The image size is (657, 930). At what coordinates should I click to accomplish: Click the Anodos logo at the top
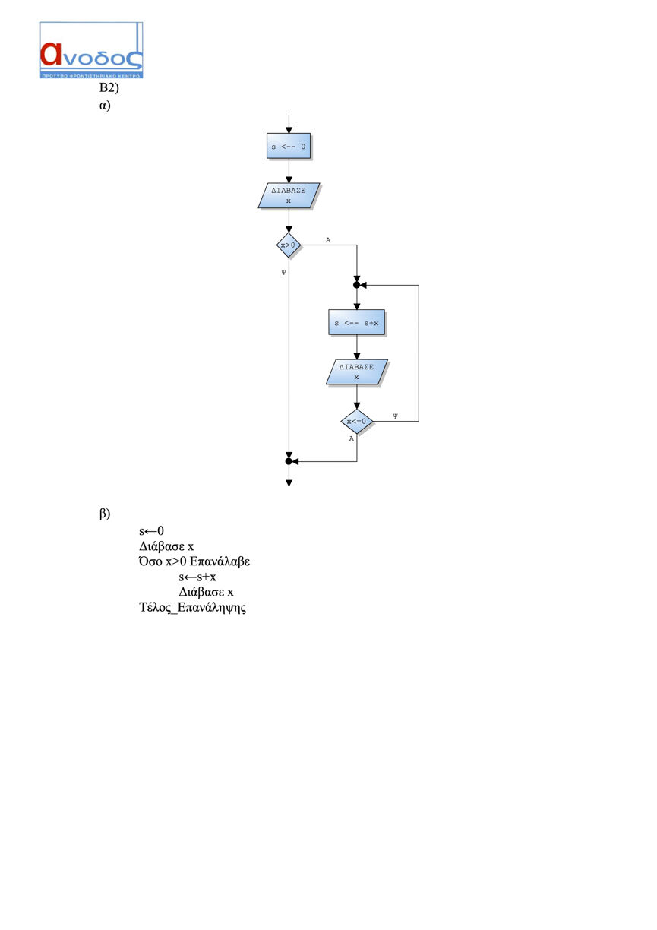coord(91,50)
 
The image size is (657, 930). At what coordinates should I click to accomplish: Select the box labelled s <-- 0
coord(289,146)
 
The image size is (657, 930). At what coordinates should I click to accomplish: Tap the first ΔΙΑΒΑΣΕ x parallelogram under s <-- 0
coord(289,195)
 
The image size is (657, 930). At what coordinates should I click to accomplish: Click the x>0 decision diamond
coord(289,245)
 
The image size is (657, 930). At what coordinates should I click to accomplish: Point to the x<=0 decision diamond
coord(356,422)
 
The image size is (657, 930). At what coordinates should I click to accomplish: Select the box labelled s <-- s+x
coord(356,323)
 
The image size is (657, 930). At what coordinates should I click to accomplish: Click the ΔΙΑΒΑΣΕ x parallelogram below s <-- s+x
coord(356,372)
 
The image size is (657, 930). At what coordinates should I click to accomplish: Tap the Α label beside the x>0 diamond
coord(328,240)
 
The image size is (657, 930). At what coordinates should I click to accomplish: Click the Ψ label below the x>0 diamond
coord(283,272)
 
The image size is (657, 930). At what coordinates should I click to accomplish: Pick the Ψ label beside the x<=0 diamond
coord(395,416)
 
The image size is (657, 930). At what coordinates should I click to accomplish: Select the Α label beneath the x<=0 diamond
coord(352,438)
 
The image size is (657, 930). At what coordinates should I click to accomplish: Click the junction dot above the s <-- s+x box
coord(356,285)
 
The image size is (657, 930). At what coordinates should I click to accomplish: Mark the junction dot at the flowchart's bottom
coord(289,461)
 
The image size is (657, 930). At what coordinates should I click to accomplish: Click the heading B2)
coord(109,87)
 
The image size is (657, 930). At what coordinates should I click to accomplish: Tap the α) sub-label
coord(105,106)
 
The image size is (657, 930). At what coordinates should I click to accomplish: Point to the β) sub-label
coord(105,514)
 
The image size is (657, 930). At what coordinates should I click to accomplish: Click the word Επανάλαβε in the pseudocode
coord(220,561)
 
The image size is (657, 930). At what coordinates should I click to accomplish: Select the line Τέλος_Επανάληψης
coord(193,607)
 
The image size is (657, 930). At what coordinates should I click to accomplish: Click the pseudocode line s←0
coord(151,531)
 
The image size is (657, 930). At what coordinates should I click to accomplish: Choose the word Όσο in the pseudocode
coord(150,561)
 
